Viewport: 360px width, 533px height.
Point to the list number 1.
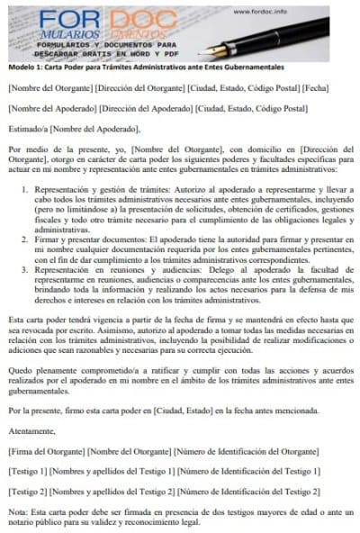click(x=24, y=191)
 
